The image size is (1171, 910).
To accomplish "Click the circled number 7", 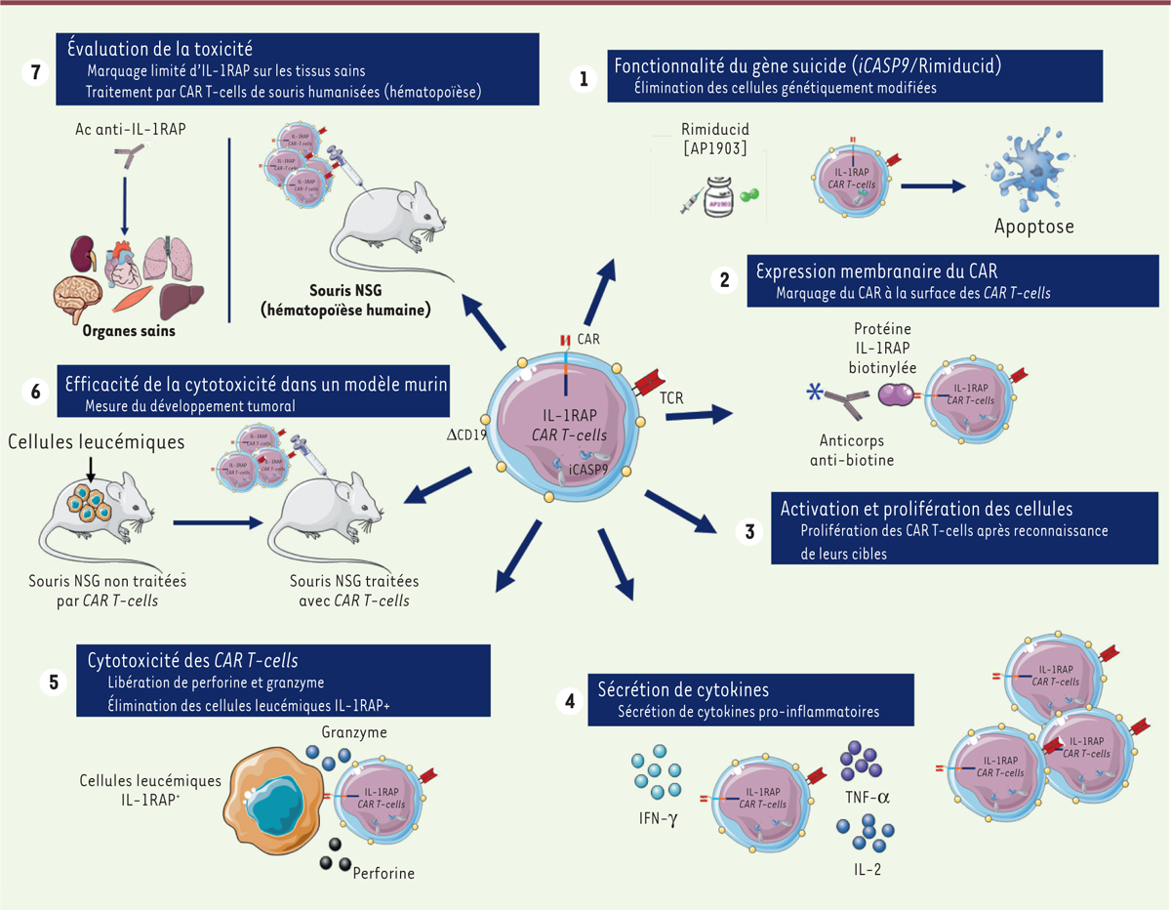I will pyautogui.click(x=35, y=73).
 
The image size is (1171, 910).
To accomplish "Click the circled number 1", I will pyautogui.click(x=584, y=79).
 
